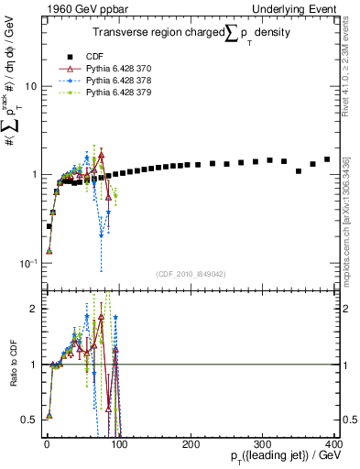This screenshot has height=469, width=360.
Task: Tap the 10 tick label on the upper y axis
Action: pyautogui.click(x=30, y=86)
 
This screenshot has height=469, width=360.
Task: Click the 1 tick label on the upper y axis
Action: pyautogui.click(x=33, y=174)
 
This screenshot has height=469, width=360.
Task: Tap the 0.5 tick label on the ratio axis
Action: pyautogui.click(x=28, y=420)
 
